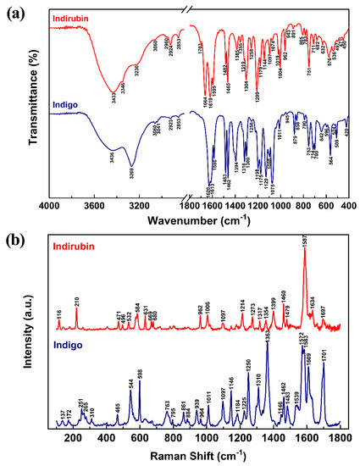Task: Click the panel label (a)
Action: [x=14, y=10]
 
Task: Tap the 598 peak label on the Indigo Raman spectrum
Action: [x=140, y=374]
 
